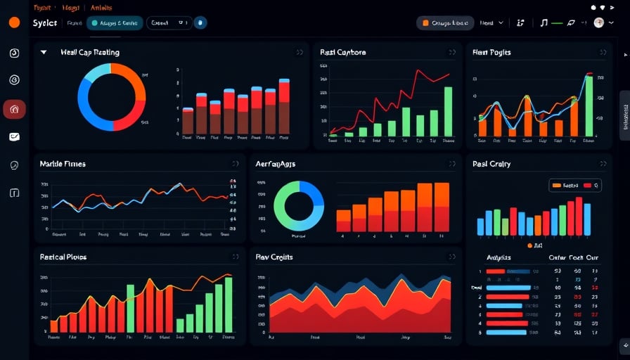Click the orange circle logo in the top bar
(x=14, y=22)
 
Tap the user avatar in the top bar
(x=599, y=22)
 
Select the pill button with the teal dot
(x=115, y=23)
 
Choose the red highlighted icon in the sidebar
(x=14, y=109)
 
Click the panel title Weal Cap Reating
(x=90, y=53)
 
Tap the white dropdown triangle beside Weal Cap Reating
(x=44, y=52)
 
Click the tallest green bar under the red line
(x=448, y=111)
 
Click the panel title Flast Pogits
(x=491, y=53)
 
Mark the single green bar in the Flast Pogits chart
(x=589, y=105)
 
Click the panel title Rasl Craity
(x=491, y=164)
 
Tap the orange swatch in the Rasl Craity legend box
(x=557, y=186)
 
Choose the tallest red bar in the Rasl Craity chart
(x=579, y=216)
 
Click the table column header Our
(x=592, y=258)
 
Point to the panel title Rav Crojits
(x=274, y=257)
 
